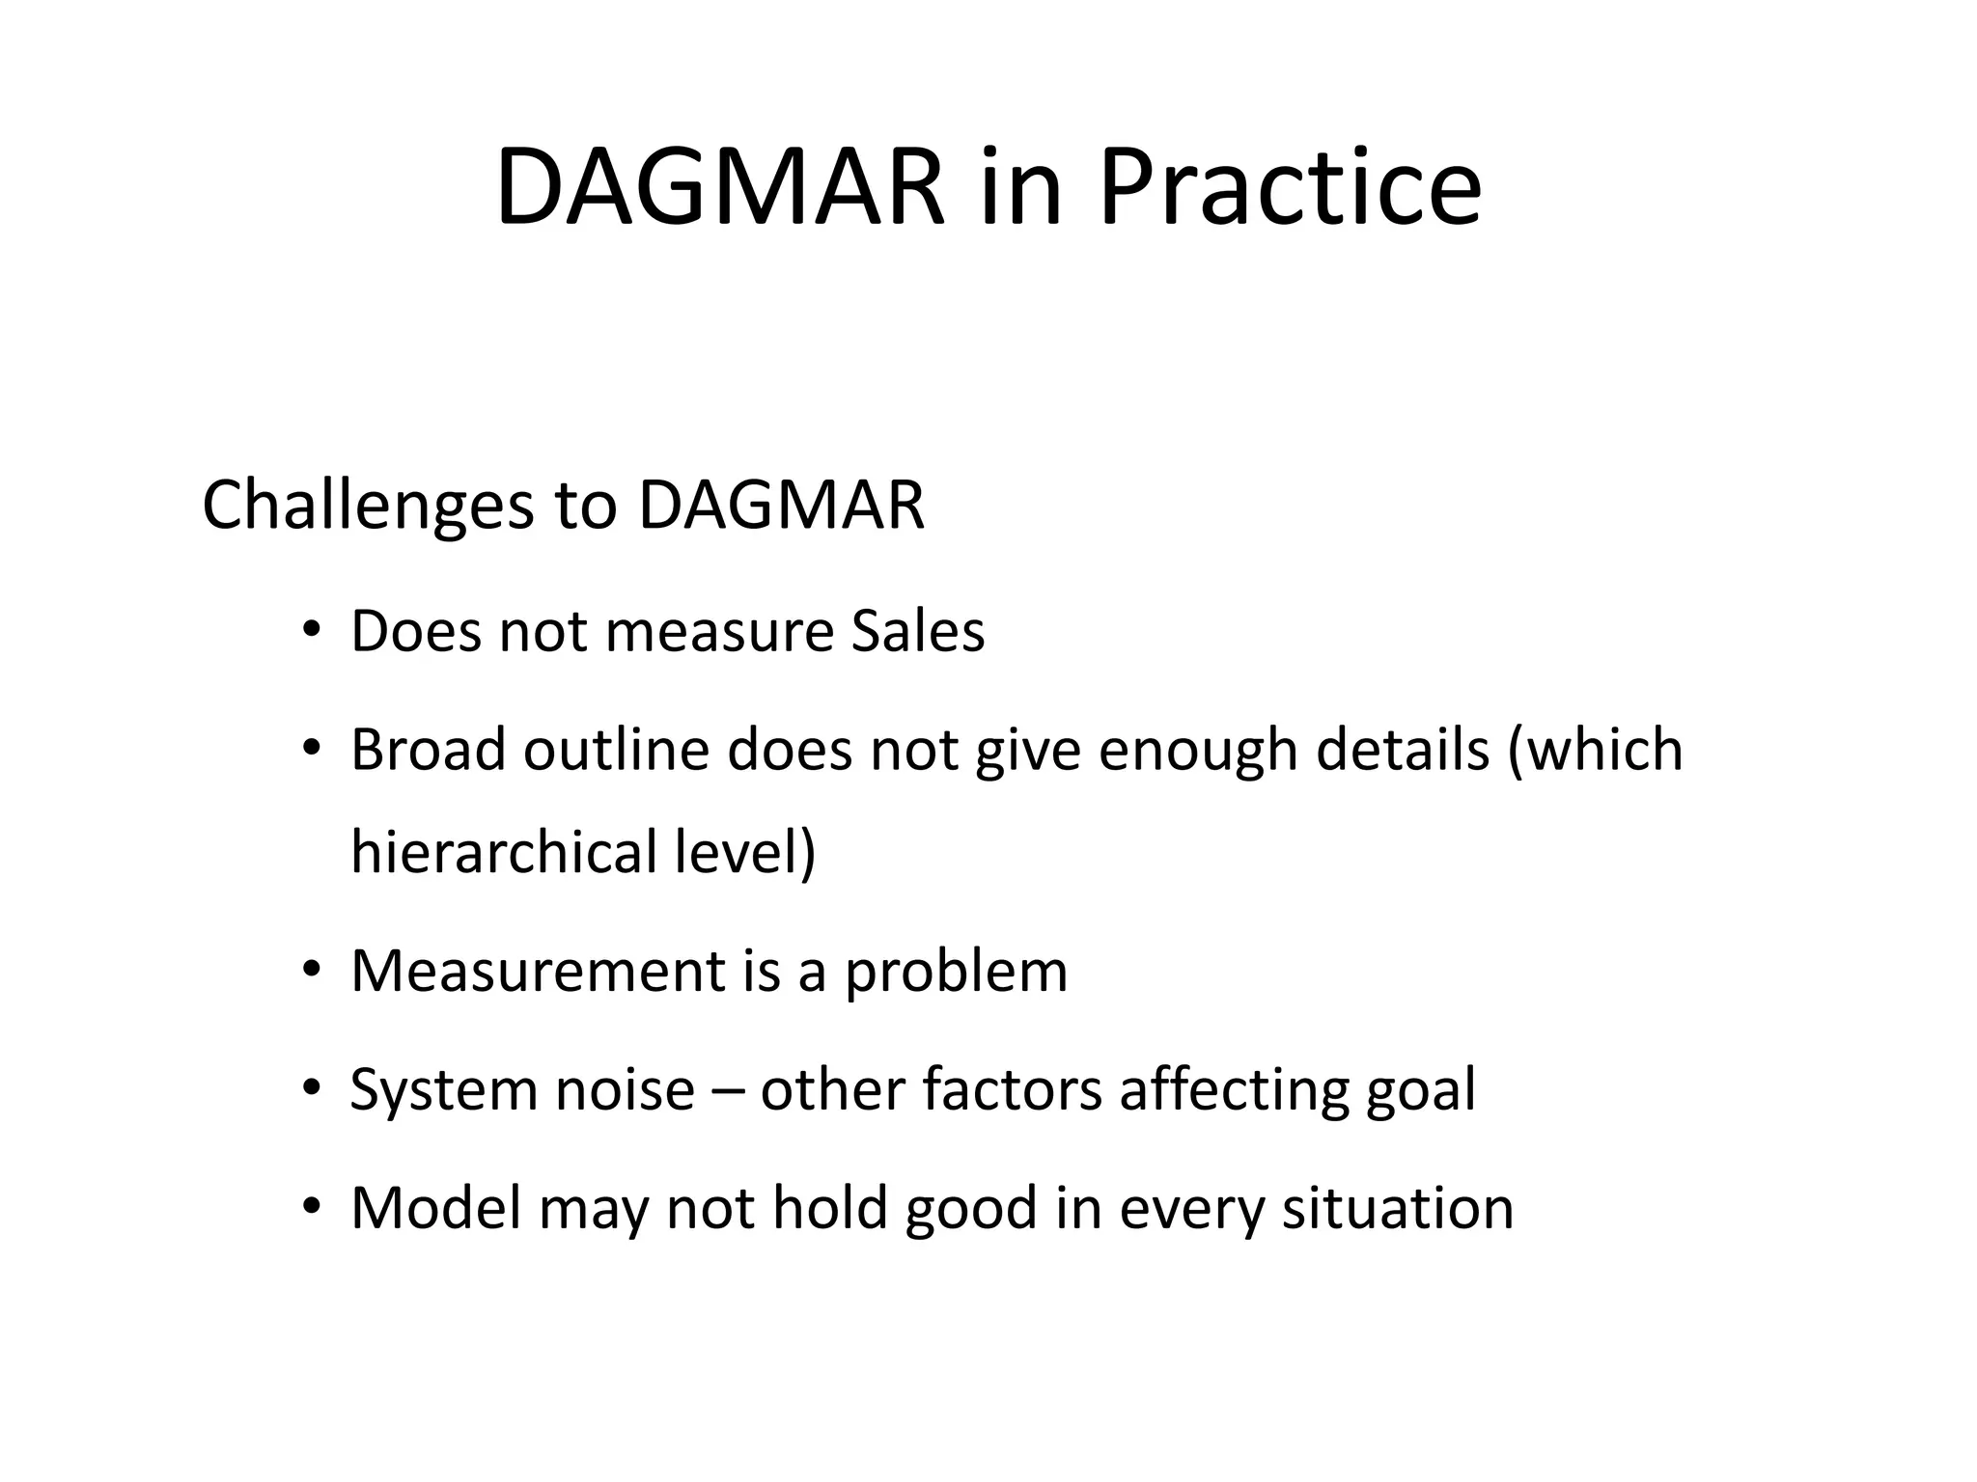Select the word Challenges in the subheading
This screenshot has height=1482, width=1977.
(368, 506)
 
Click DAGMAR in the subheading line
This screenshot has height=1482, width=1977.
(781, 506)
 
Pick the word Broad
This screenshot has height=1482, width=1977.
(428, 750)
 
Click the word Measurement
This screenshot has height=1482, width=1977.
(538, 972)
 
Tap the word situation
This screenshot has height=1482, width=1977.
(1397, 1208)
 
